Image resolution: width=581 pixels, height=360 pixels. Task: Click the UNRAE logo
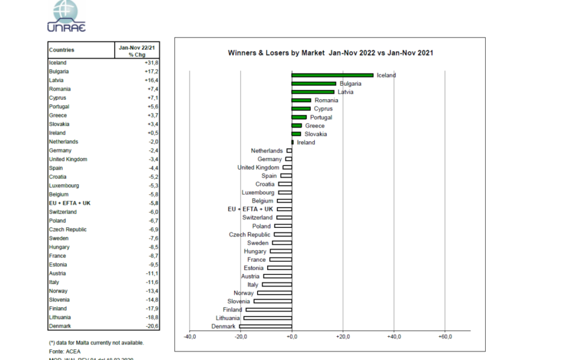(x=67, y=16)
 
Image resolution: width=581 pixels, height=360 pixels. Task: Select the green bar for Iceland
(x=332, y=75)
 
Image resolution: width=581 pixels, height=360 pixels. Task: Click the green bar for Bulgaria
(x=313, y=83)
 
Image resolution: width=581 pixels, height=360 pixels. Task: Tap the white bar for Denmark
(x=266, y=327)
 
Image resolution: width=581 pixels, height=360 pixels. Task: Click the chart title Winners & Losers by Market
(x=330, y=53)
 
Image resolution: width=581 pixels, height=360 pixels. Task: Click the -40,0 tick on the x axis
(x=190, y=337)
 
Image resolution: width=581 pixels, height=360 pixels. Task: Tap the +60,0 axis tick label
(x=445, y=337)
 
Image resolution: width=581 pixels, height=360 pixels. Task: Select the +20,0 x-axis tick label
(x=343, y=337)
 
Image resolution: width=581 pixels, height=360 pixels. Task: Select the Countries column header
(x=62, y=50)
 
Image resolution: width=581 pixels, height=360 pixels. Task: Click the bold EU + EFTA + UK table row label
(x=70, y=203)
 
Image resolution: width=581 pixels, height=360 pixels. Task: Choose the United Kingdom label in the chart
(x=258, y=168)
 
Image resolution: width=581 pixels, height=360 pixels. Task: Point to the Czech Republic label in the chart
(x=250, y=235)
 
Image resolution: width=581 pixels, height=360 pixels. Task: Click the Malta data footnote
(x=96, y=342)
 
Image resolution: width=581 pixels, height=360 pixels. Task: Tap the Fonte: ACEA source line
(x=65, y=351)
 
